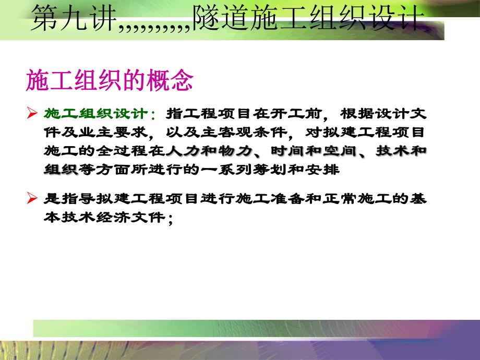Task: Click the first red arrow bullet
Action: [31, 113]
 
